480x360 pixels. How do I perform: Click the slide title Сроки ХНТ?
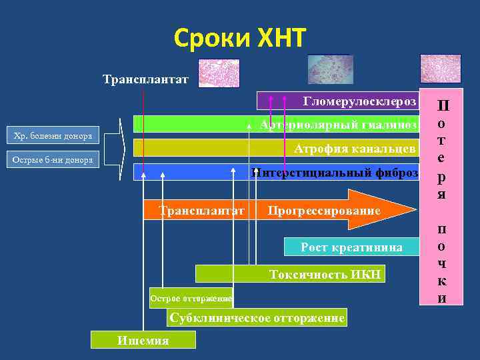coord(240,39)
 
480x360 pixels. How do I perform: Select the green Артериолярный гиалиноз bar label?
coord(339,125)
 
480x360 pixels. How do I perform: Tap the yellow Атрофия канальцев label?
coord(355,148)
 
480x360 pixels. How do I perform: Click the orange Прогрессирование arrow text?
coord(324,211)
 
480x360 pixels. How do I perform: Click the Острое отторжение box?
coord(191,298)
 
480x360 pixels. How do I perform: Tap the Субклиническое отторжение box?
coord(257,318)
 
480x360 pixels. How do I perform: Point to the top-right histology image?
coord(440,69)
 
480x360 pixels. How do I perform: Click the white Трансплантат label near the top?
coord(146,80)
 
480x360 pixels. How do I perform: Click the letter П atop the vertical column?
coord(442,106)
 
